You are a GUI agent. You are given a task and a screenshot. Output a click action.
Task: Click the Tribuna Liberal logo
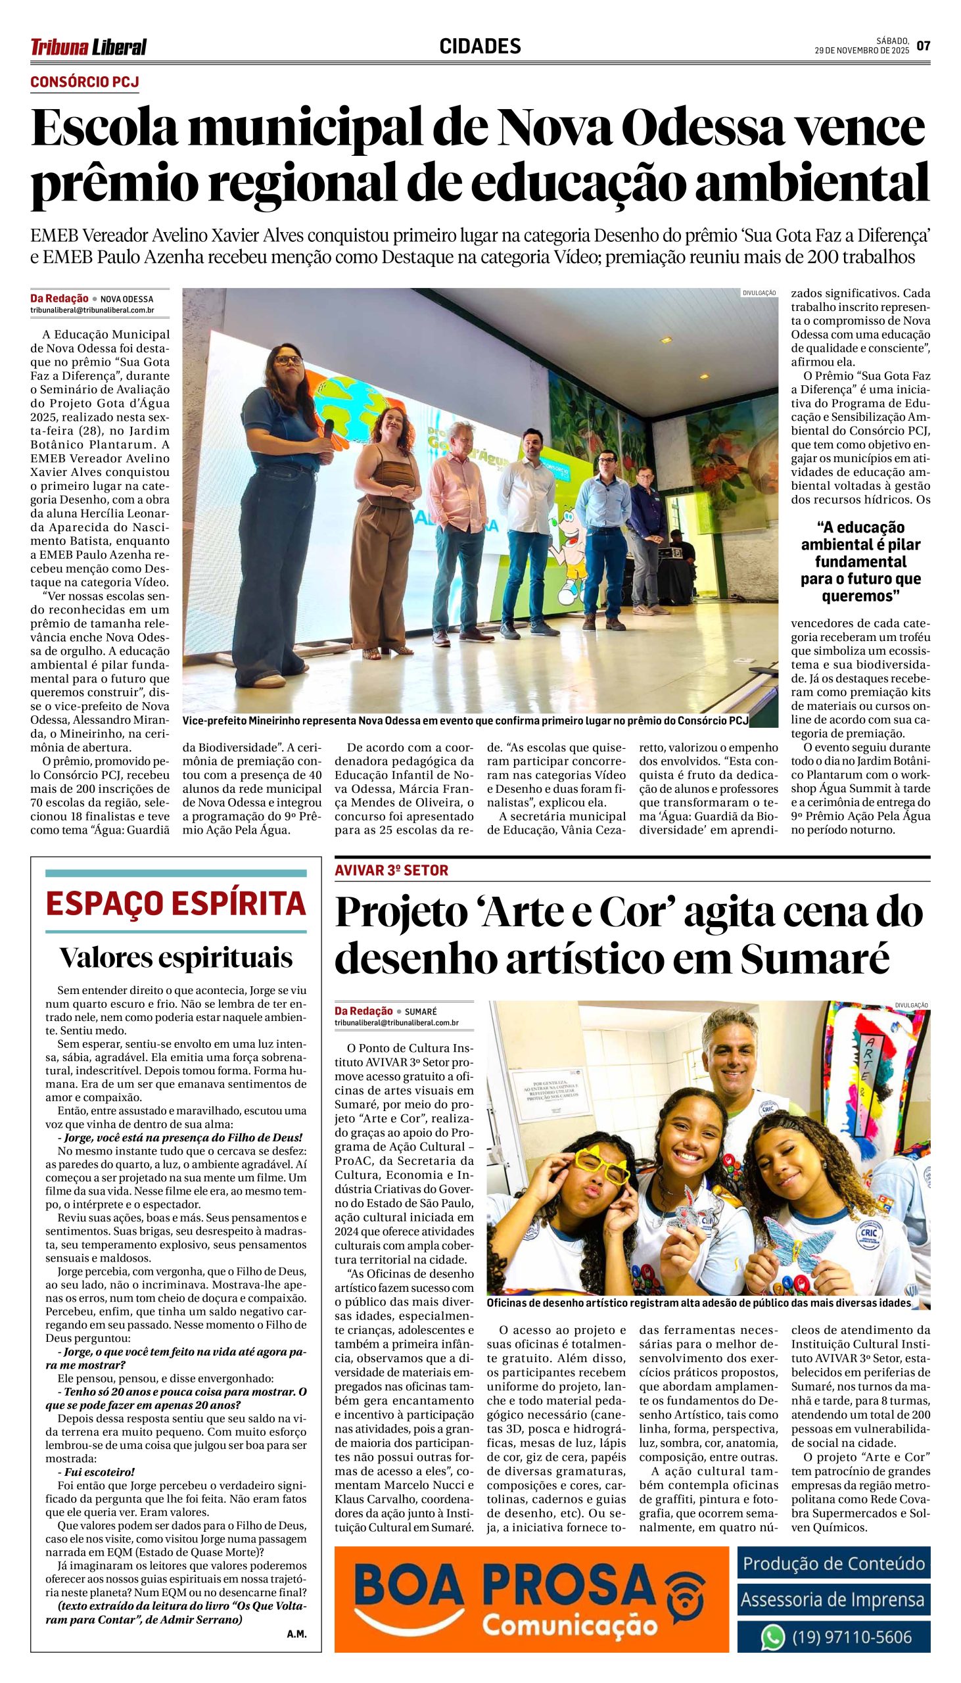(89, 47)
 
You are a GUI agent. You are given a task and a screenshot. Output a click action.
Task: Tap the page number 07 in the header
(923, 46)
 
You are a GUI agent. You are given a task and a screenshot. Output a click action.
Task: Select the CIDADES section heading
(480, 46)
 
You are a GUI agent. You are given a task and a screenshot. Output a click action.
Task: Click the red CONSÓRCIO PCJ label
(85, 82)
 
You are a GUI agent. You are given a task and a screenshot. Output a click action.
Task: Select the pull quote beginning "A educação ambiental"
(860, 561)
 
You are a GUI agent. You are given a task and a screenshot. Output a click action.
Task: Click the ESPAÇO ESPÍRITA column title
(176, 903)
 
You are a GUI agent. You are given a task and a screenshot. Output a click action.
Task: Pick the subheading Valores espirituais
(176, 958)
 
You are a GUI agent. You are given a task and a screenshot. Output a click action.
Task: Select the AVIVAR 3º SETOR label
(391, 870)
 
